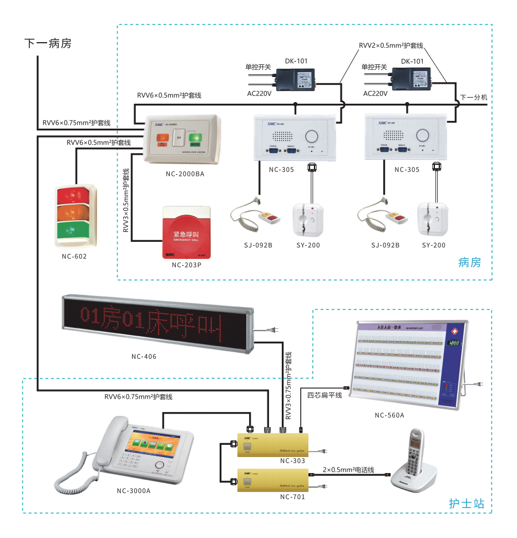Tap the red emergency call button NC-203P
(185, 233)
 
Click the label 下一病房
(48, 43)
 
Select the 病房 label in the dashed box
(470, 262)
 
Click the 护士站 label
(467, 504)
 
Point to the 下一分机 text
(474, 97)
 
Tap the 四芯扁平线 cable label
(325, 395)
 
